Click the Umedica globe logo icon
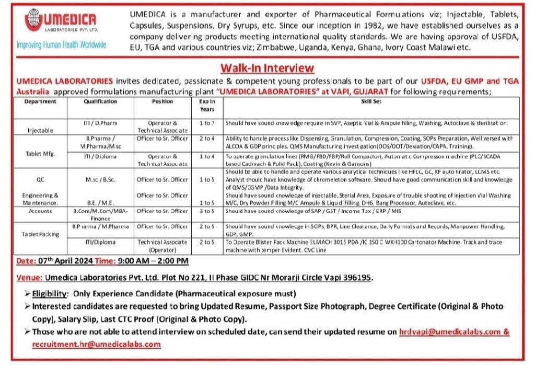[x=34, y=20]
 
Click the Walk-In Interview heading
[x=267, y=68]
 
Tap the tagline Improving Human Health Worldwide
[x=62, y=44]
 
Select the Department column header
[x=40, y=101]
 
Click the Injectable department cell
[x=40, y=129]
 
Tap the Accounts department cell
[x=40, y=211]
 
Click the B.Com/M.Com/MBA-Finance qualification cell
[x=100, y=214]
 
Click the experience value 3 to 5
[x=207, y=211]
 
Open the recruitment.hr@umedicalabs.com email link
[x=96, y=344]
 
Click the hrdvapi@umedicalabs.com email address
[x=449, y=332]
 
